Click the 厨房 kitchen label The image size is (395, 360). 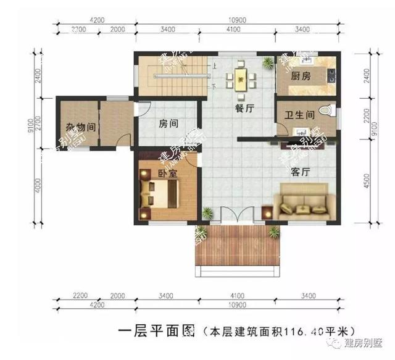[301, 77]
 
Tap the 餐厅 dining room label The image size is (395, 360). [245, 107]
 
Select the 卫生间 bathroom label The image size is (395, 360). [300, 115]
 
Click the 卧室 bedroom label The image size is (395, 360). [167, 174]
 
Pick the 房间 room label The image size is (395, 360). [168, 123]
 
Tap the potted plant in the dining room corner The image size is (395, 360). [267, 62]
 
